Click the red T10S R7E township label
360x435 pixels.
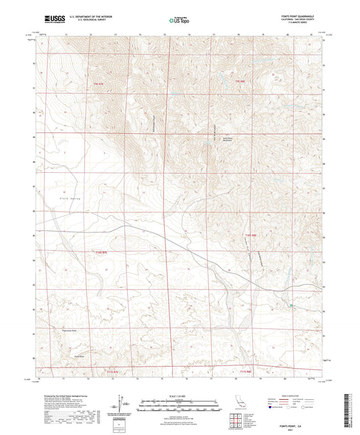click(101, 253)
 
